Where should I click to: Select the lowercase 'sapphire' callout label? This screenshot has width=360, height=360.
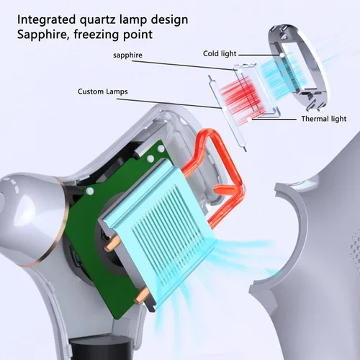point(127,55)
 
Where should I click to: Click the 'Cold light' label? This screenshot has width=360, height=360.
point(220,53)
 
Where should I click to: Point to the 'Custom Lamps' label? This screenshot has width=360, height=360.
point(102,91)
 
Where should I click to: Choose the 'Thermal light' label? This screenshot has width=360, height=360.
point(324,119)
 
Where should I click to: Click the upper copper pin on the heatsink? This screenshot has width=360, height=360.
point(112,243)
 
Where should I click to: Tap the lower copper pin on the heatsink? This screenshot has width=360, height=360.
point(143,295)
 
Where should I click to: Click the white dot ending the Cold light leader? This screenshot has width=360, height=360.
point(283,55)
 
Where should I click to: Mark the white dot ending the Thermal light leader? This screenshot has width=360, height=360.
point(250,119)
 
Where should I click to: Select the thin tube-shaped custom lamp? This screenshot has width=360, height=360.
point(226,113)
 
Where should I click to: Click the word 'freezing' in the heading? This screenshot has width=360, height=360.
point(96,35)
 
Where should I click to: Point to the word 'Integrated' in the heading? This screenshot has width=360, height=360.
point(46,20)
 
